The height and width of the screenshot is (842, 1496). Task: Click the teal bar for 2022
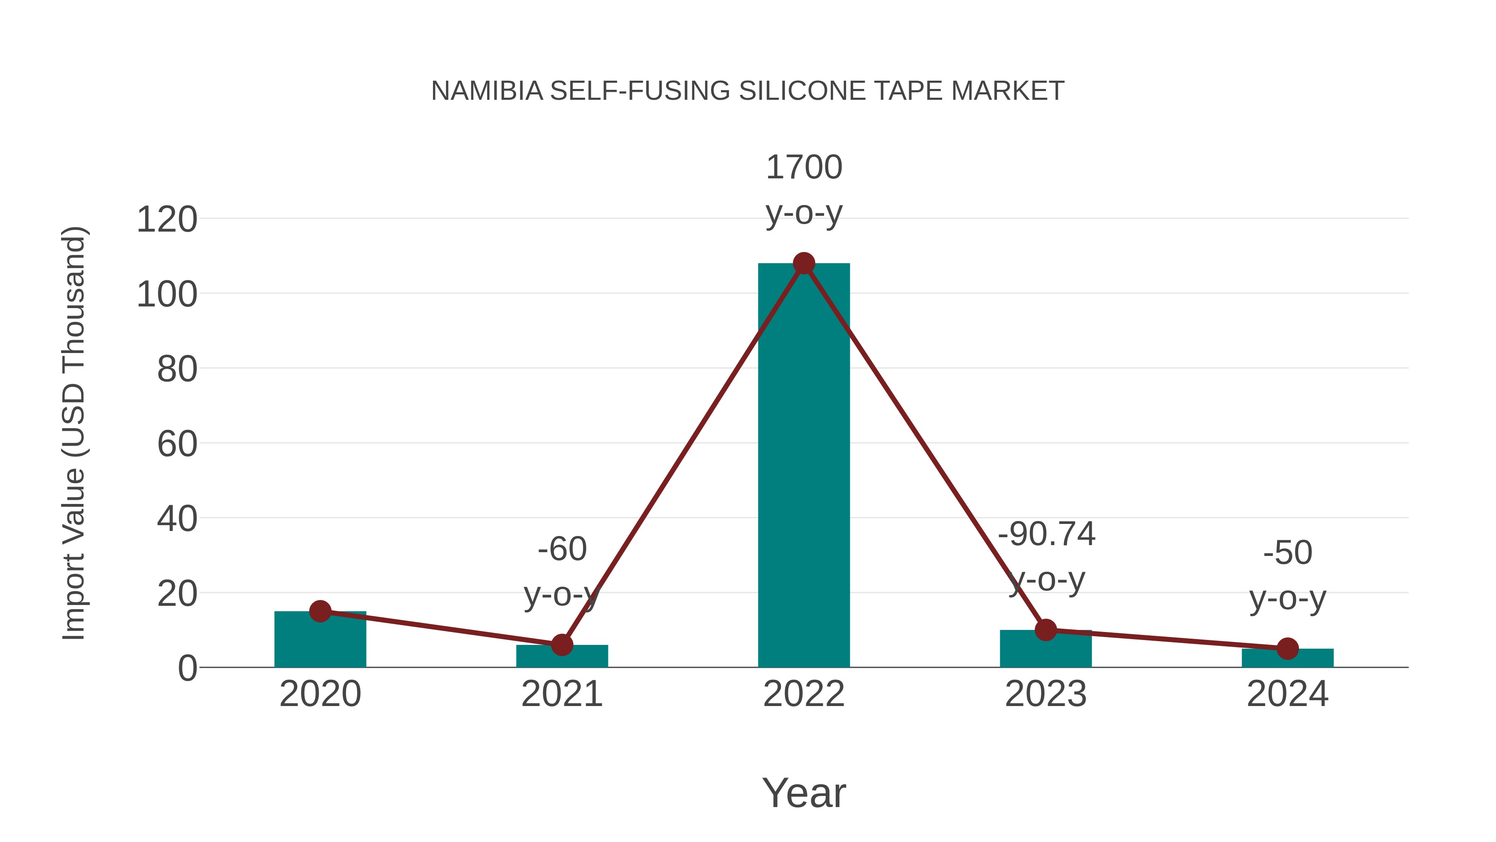point(804,465)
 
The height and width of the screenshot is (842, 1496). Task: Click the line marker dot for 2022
point(804,264)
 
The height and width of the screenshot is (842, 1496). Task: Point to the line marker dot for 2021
point(561,644)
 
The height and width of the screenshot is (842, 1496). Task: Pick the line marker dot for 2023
point(1046,630)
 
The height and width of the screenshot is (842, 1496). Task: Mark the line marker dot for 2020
point(320,611)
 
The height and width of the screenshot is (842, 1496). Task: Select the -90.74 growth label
point(1046,533)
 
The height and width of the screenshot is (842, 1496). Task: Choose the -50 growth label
point(1287,552)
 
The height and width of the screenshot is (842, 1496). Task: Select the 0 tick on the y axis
point(187,668)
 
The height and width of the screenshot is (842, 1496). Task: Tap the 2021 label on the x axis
point(561,694)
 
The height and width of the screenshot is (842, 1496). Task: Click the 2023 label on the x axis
point(1046,694)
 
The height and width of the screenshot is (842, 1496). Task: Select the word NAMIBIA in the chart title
point(487,91)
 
